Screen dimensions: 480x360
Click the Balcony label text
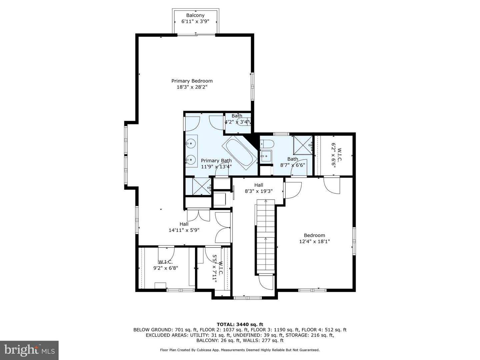pyautogui.click(x=195, y=15)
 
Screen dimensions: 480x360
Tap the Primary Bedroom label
pyautogui.click(x=192, y=81)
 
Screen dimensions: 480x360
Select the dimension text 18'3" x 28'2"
pyautogui.click(x=192, y=87)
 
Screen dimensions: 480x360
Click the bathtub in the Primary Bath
pyautogui.click(x=240, y=153)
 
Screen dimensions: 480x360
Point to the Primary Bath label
pyautogui.click(x=216, y=161)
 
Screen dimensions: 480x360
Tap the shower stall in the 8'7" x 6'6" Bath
pyautogui.click(x=303, y=145)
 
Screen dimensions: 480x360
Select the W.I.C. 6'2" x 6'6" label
pyautogui.click(x=336, y=155)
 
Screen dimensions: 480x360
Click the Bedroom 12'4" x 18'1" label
pyautogui.click(x=314, y=238)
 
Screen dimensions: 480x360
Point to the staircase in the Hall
pyautogui.click(x=265, y=237)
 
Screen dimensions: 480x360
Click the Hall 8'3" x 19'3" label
pyautogui.click(x=258, y=188)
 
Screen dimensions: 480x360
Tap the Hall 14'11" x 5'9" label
pyautogui.click(x=184, y=227)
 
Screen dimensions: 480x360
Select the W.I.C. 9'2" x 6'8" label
pyautogui.click(x=166, y=265)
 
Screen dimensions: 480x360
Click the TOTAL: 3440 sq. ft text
pyautogui.click(x=240, y=324)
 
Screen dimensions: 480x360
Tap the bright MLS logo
pyautogui.click(x=29, y=350)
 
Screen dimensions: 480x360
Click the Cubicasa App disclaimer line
pyautogui.click(x=240, y=350)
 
